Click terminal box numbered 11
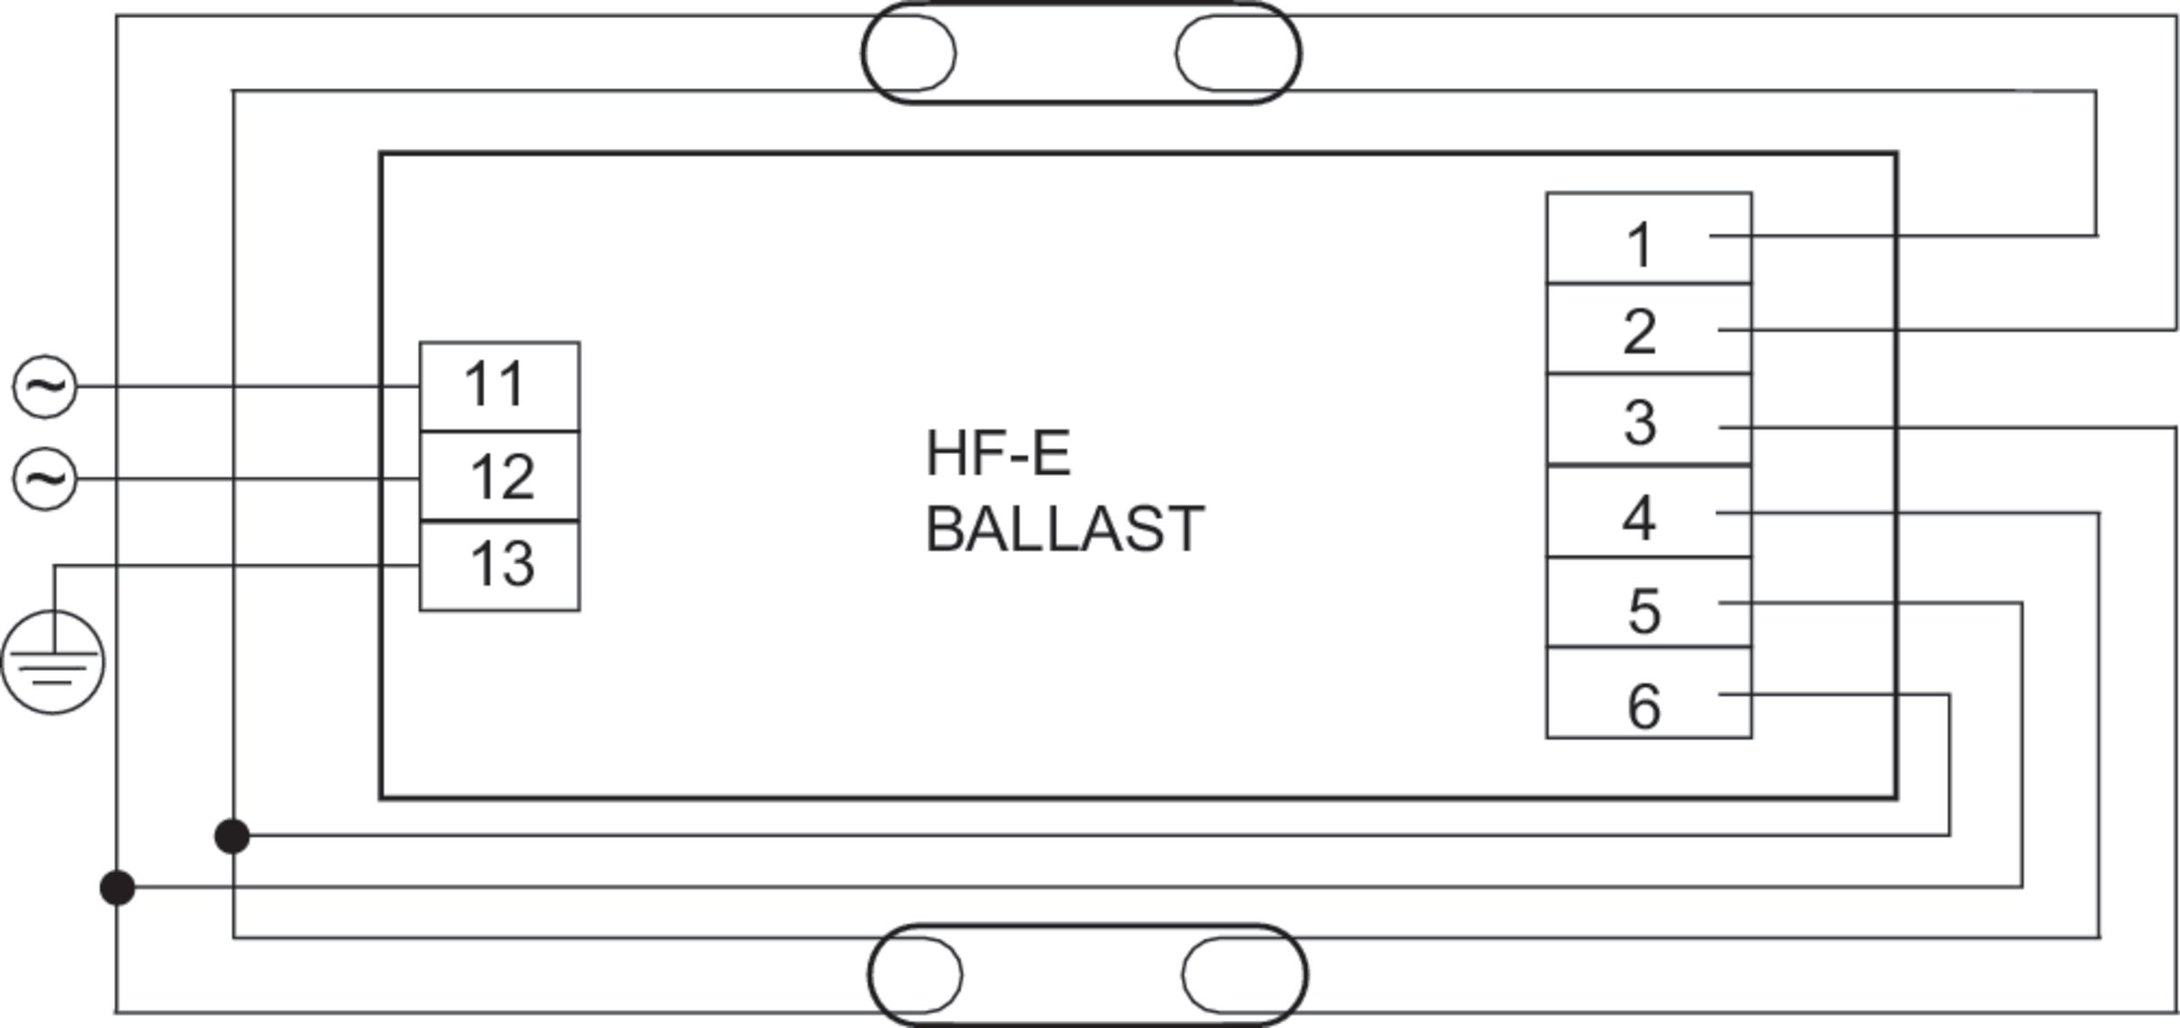(x=500, y=387)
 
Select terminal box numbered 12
(x=500, y=477)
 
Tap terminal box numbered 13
(x=500, y=566)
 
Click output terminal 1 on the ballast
(x=1649, y=238)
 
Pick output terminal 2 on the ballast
(x=1649, y=329)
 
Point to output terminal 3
(x=1649, y=420)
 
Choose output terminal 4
(x=1649, y=511)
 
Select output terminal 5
(x=1649, y=602)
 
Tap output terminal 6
(x=1649, y=693)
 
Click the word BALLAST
(x=1065, y=529)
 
